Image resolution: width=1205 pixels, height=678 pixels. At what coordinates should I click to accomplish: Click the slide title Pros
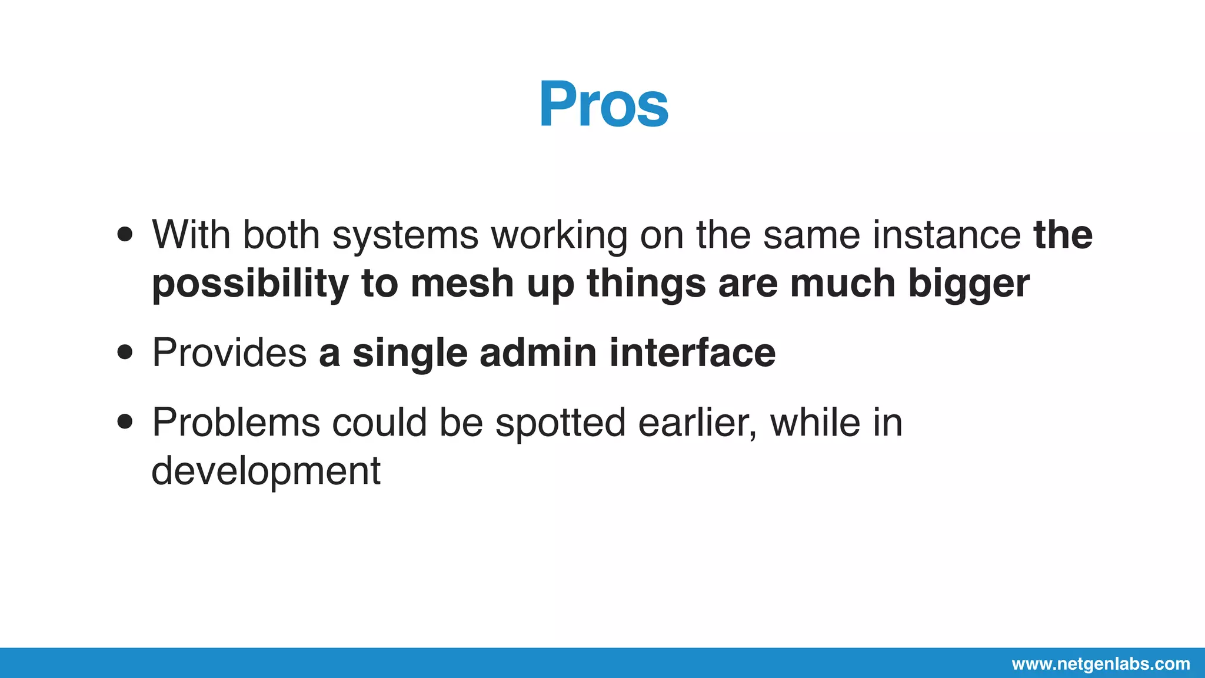pos(603,105)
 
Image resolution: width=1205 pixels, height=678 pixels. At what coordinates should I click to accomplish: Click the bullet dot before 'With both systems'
pos(125,235)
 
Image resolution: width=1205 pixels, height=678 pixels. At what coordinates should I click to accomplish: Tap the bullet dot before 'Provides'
pos(125,353)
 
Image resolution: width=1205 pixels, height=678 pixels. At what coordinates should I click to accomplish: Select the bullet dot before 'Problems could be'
pos(125,422)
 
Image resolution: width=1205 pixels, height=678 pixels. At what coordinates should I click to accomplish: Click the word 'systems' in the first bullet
pos(405,235)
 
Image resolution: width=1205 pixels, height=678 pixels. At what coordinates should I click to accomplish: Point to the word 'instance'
pos(946,234)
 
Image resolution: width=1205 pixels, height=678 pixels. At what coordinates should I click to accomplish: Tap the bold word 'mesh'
pos(462,283)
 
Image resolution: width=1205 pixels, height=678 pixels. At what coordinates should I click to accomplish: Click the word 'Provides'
pos(229,353)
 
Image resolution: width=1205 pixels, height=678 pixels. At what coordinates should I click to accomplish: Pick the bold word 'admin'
pos(538,353)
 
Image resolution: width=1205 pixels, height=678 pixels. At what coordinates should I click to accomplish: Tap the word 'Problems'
pos(236,422)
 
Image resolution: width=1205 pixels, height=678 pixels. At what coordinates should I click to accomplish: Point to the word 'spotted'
pos(560,423)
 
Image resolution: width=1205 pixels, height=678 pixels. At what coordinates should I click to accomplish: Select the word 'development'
pos(266,471)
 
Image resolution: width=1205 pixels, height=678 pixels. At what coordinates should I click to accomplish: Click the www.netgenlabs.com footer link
pos(1100,664)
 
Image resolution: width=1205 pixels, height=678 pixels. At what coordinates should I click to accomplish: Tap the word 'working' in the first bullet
pos(559,235)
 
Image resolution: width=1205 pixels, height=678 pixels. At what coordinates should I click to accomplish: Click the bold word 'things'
pos(645,284)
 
